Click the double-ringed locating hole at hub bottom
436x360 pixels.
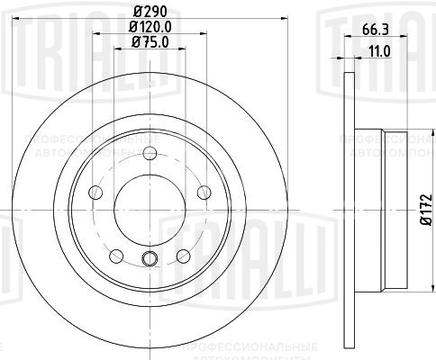(x=150, y=260)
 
